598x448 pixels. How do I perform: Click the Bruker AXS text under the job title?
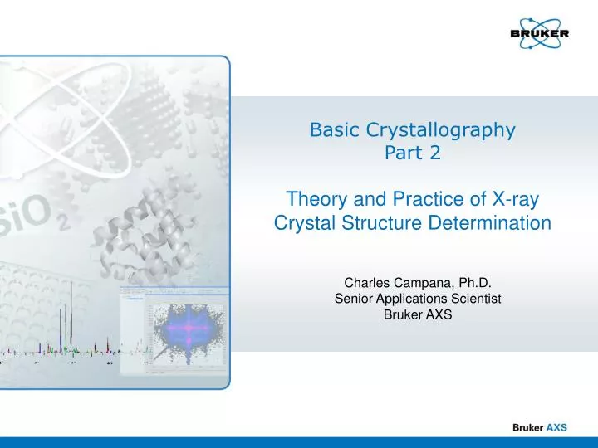pos(413,314)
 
